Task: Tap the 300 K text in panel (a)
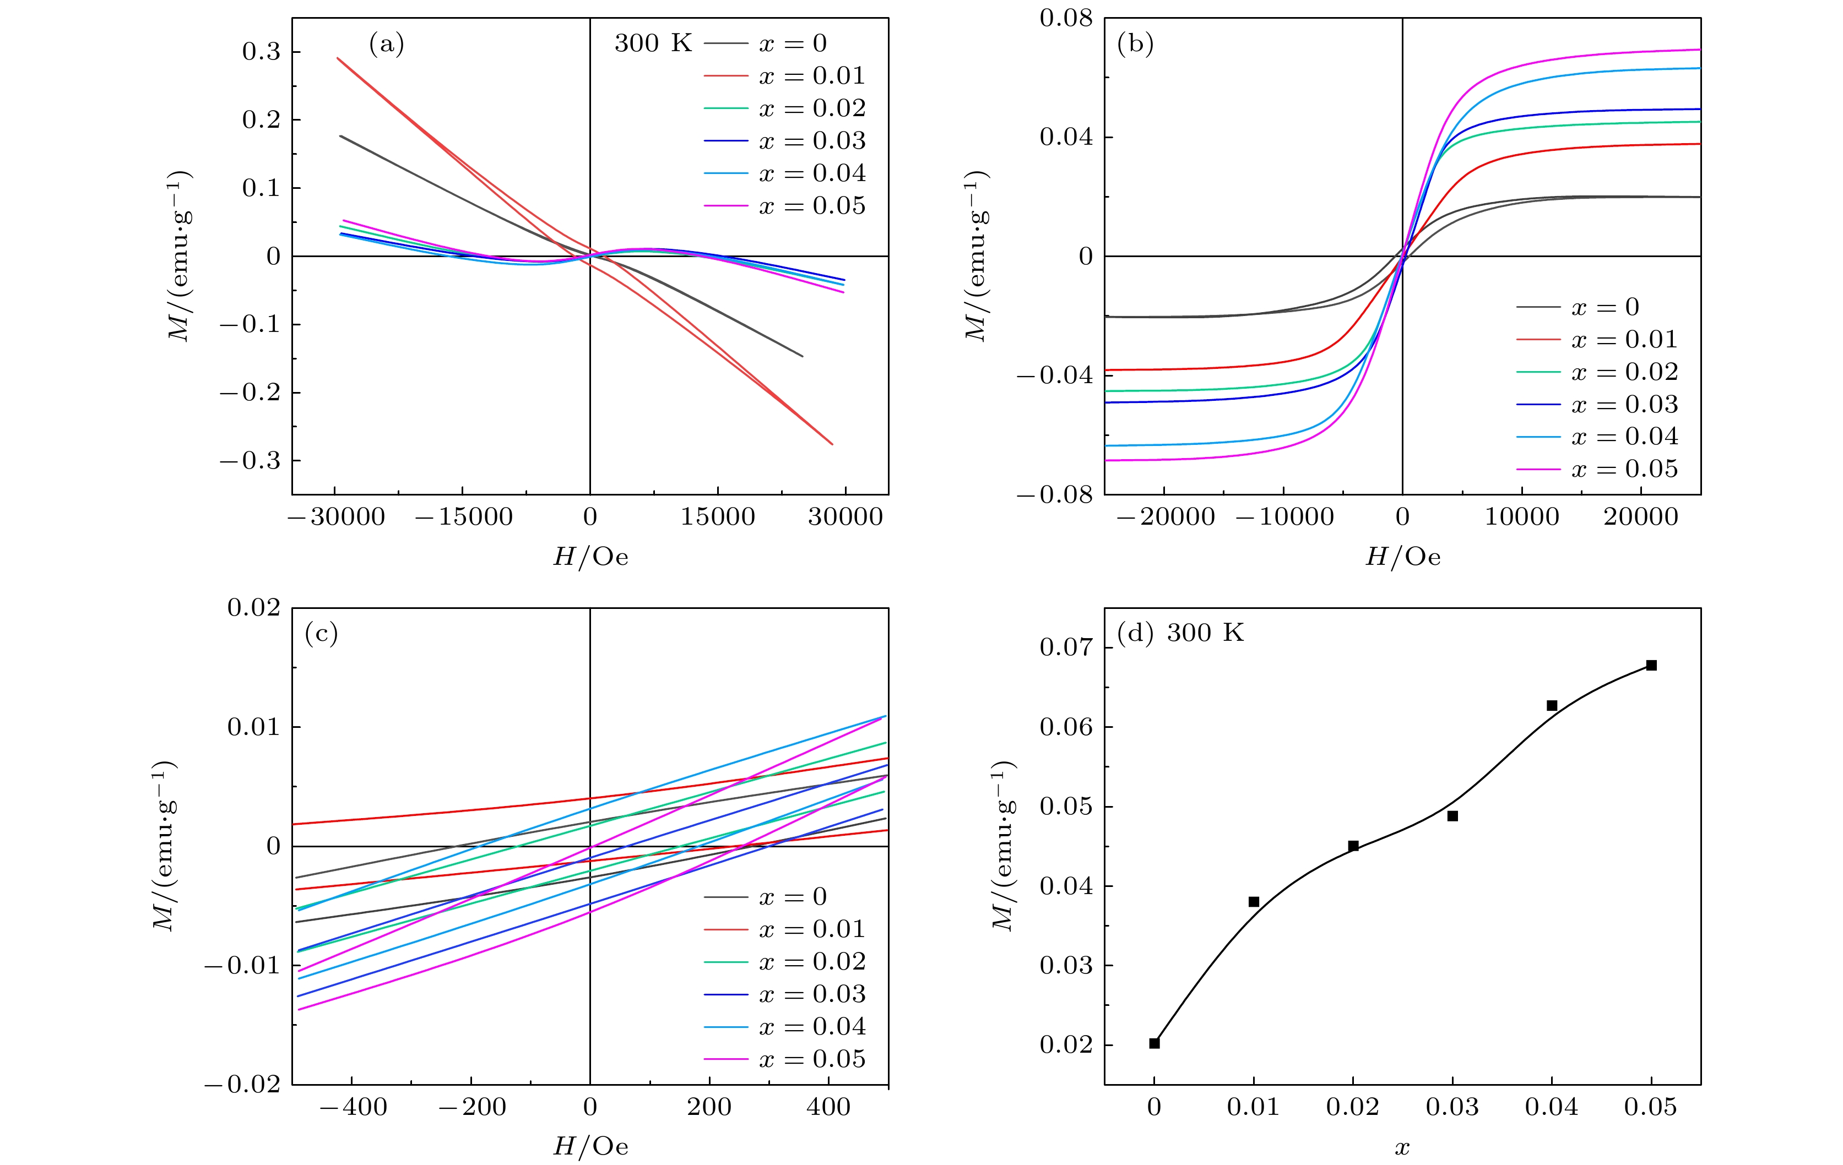(652, 43)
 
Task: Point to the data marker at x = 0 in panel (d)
(1154, 1043)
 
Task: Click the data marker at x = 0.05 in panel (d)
(1651, 666)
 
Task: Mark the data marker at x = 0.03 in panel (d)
(1452, 816)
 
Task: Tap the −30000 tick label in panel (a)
(337, 517)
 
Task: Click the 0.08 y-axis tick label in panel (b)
(1065, 18)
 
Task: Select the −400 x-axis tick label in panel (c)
(353, 1107)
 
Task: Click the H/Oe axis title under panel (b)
(1402, 557)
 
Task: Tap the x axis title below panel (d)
(1402, 1147)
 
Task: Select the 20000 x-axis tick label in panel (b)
(1640, 517)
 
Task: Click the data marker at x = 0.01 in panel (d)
(1254, 902)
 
